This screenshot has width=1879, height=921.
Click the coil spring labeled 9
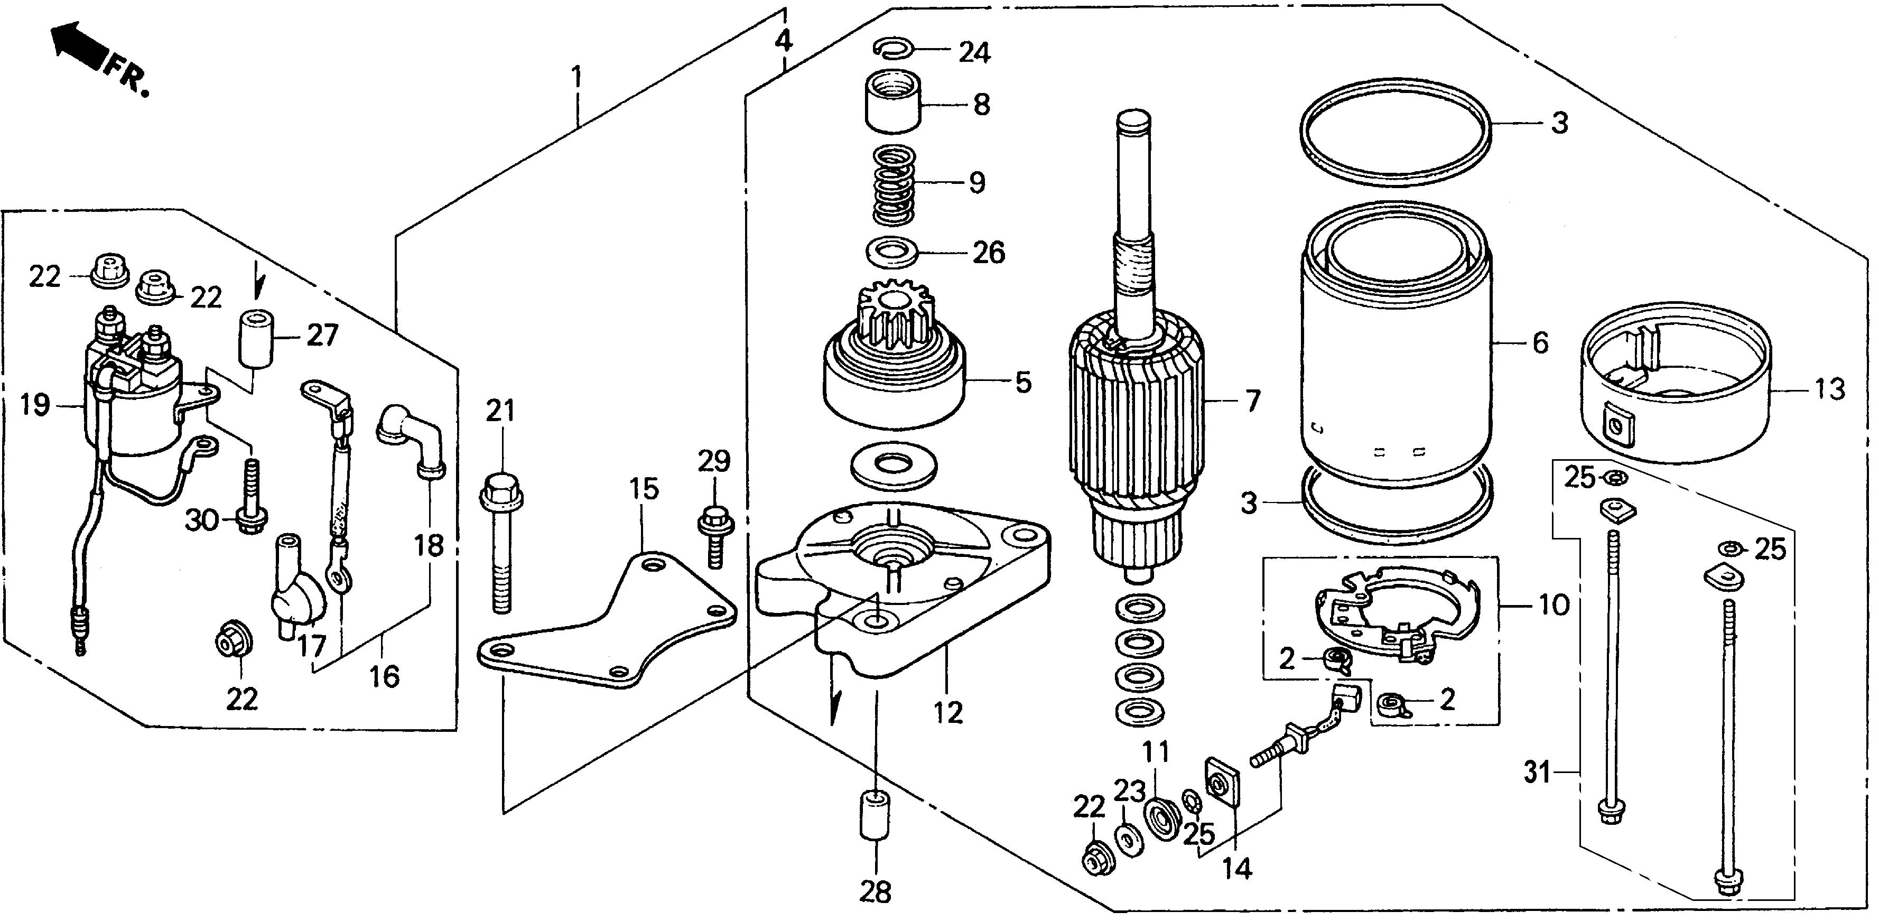pyautogui.click(x=894, y=185)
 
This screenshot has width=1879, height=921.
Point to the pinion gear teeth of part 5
pyautogui.click(x=894, y=313)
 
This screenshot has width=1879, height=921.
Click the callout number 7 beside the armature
pyautogui.click(x=1252, y=401)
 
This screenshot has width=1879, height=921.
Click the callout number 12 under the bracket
pyautogui.click(x=948, y=712)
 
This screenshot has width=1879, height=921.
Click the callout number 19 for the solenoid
pyautogui.click(x=34, y=405)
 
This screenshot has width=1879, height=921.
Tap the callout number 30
pyautogui.click(x=201, y=520)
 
